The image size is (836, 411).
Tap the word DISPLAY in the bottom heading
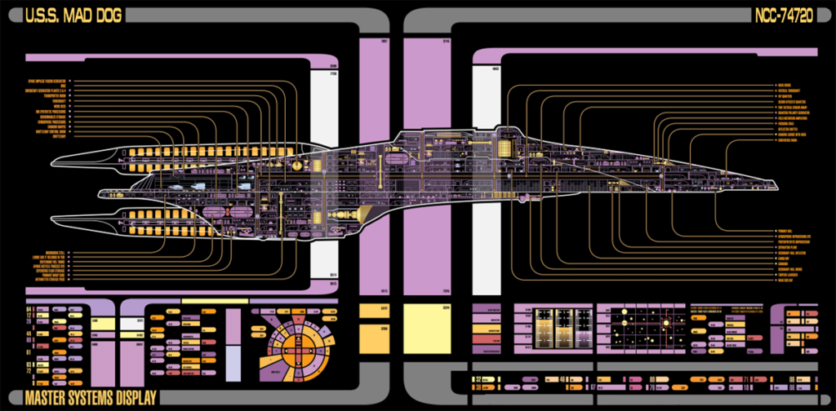(123, 399)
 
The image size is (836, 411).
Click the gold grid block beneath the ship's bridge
(508, 148)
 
